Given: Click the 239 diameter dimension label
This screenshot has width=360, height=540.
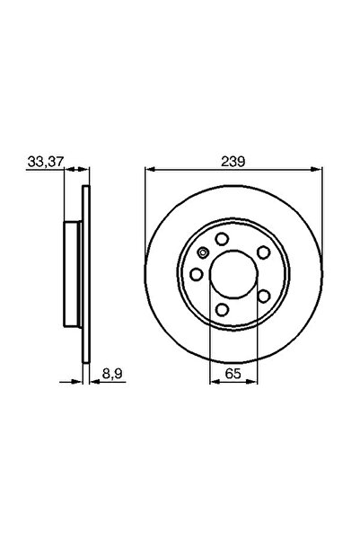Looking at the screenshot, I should click(232, 160).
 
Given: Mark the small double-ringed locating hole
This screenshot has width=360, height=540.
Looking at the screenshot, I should click(203, 252).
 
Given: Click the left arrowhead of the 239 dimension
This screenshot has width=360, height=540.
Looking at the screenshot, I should click(149, 168).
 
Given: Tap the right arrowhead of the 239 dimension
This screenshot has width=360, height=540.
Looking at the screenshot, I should click(315, 168).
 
